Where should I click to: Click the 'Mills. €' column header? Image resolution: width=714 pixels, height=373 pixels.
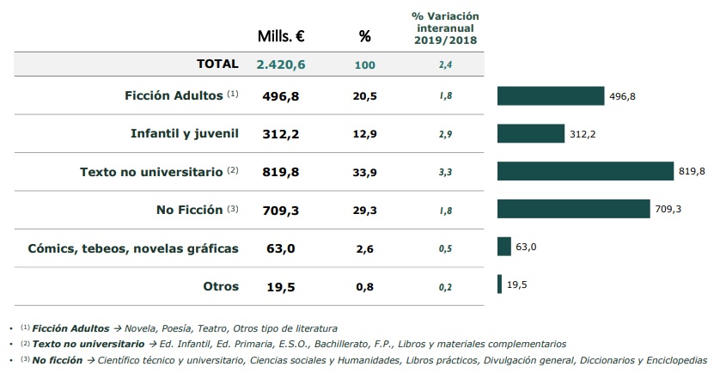point(281,36)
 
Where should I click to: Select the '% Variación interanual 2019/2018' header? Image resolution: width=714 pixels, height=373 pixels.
point(445,28)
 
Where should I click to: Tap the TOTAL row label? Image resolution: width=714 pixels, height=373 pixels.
point(217,64)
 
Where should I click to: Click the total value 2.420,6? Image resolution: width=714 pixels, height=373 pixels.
point(282,64)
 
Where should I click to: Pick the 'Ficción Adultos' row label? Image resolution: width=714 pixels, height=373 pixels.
point(174,95)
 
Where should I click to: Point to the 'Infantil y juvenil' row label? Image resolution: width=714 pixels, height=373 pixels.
point(184,133)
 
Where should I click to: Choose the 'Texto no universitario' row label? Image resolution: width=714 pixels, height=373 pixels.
point(150,171)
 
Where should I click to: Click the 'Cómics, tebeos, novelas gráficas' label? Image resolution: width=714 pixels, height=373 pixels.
point(132,248)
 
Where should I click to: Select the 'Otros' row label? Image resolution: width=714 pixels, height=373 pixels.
point(220,286)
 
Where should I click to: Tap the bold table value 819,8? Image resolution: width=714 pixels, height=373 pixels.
point(281,171)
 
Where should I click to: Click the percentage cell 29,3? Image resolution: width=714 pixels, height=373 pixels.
point(364,210)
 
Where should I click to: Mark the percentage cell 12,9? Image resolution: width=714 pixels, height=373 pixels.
point(364,133)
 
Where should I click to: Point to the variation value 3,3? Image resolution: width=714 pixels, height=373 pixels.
point(445,172)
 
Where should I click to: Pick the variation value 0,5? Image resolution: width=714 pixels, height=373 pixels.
point(445,248)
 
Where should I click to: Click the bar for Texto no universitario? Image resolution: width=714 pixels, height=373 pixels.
point(584,171)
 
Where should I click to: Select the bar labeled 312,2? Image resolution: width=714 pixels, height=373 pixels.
point(530,133)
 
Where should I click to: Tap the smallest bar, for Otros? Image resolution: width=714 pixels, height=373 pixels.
point(499,284)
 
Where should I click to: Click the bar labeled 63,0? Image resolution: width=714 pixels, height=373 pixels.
point(503,247)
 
